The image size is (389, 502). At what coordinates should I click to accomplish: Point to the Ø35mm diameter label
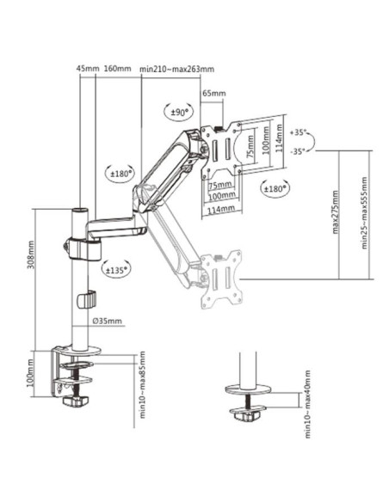108,321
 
